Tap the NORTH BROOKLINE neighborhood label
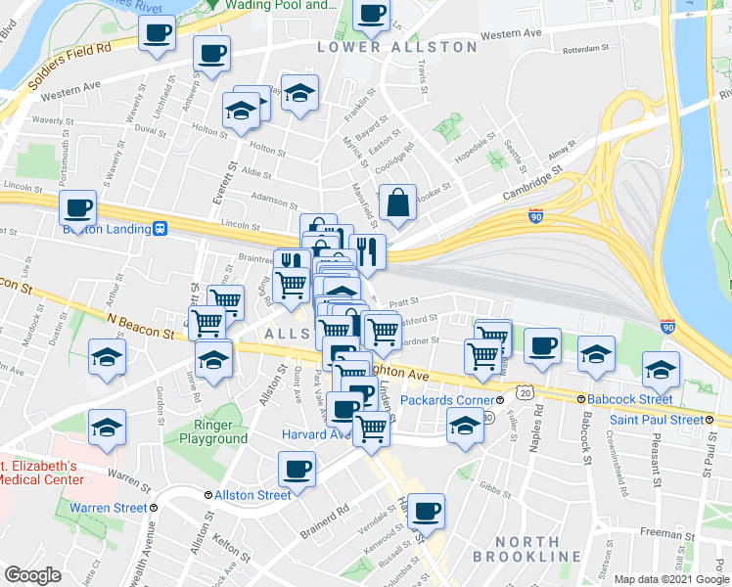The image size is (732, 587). [x=526, y=549]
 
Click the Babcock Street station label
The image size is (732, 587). [x=626, y=399]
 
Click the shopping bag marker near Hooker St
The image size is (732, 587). [x=397, y=203]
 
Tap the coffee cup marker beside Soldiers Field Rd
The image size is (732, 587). [x=156, y=34]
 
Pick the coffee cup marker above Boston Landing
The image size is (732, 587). [x=77, y=208]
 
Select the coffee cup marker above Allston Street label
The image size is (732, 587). [x=297, y=469]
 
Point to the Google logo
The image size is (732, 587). [x=31, y=575]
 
